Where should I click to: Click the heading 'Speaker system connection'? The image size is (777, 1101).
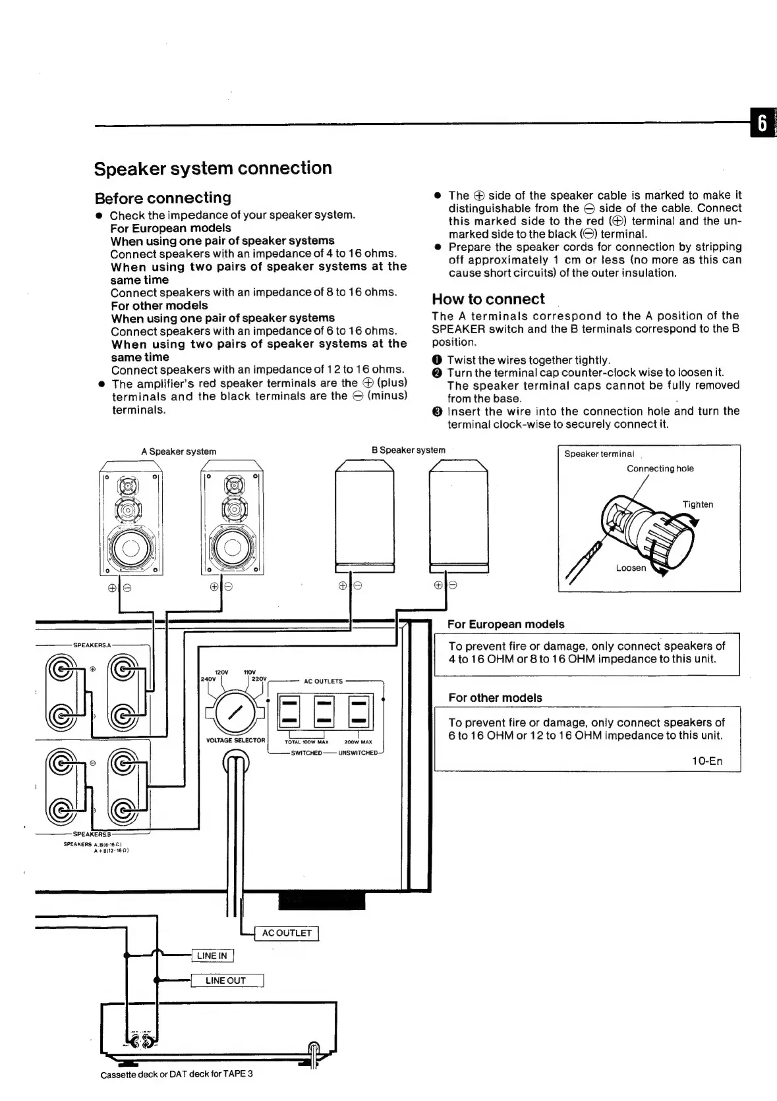point(213,169)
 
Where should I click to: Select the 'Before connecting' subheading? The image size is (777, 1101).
point(163,198)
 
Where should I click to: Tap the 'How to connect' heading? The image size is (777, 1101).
point(488,299)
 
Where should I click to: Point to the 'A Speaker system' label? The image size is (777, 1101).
point(179,452)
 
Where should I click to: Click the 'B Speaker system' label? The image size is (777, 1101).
point(408,450)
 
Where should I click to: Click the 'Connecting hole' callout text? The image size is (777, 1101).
point(660,469)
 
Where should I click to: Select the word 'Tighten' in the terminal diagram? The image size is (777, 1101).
point(697,504)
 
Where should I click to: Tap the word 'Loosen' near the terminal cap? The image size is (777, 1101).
point(631,568)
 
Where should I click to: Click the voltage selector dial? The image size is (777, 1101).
point(234,712)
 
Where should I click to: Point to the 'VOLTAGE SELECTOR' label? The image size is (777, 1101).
point(235,740)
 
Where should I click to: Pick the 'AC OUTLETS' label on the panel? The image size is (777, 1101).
point(323,682)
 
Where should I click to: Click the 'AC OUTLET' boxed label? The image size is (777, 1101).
point(287,933)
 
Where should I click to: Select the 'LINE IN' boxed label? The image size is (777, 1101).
point(212,955)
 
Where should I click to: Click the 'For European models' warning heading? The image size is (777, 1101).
point(505,624)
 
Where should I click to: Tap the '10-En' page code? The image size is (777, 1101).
point(706,761)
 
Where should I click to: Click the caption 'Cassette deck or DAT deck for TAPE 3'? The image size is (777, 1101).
point(177,1074)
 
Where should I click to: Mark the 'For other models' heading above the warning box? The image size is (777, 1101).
point(495,698)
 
